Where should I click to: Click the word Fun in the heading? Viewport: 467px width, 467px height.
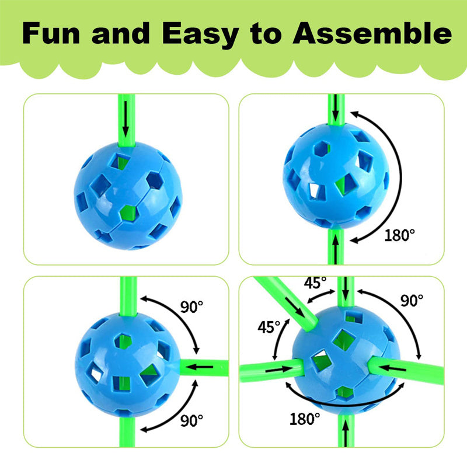(51, 33)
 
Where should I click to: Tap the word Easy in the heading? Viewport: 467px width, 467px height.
(200, 36)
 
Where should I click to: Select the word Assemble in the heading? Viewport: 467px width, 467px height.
(372, 33)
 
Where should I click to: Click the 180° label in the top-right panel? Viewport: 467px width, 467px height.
(399, 235)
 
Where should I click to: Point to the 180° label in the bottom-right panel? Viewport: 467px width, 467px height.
(305, 419)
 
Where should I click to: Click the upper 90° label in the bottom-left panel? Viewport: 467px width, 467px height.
(191, 306)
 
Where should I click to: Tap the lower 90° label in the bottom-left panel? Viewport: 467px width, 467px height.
(191, 420)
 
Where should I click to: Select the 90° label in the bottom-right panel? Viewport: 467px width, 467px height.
(412, 300)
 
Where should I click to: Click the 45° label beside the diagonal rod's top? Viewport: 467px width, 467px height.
(315, 283)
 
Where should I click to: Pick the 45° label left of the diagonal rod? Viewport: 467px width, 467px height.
(269, 327)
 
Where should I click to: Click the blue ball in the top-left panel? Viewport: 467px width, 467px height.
(128, 196)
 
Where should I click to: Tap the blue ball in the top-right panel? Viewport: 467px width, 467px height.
(336, 176)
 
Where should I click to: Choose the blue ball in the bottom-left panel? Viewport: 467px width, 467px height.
(128, 364)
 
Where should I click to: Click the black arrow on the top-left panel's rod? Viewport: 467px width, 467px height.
(126, 119)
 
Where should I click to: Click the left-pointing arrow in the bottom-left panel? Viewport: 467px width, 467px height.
(201, 367)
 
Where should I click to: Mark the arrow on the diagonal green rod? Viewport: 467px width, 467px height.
(295, 308)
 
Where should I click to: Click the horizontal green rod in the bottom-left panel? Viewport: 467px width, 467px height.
(204, 368)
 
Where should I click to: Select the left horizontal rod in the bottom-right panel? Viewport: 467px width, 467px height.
(271, 370)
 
